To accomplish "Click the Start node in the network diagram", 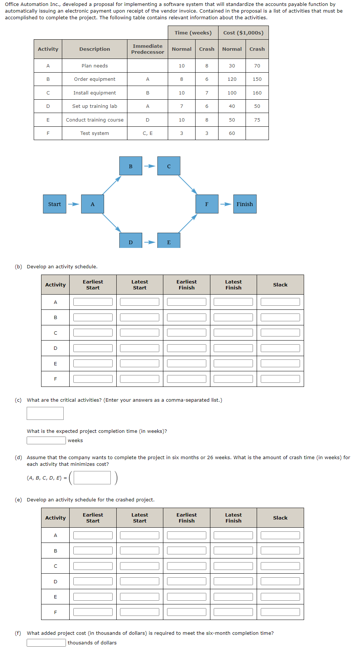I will pyautogui.click(x=54, y=204).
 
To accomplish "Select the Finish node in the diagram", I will pyautogui.click(x=244, y=204).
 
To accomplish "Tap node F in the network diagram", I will pyautogui.click(x=207, y=204).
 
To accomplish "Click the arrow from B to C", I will pyautogui.click(x=150, y=166).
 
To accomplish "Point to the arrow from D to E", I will pyautogui.click(x=150, y=242).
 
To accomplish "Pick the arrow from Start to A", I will pyautogui.click(x=73, y=204).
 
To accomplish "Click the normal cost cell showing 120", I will pyautogui.click(x=232, y=79).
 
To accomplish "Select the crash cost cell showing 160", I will pyautogui.click(x=257, y=93).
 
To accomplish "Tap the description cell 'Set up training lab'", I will pyautogui.click(x=94, y=106).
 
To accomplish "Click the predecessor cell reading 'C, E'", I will pyautogui.click(x=147, y=133).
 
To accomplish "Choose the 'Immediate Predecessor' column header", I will pyautogui.click(x=147, y=49).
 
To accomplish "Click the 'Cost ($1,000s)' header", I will pyautogui.click(x=243, y=33).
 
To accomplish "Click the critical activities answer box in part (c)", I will pyautogui.click(x=45, y=413).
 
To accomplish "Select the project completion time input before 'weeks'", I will pyautogui.click(x=46, y=440).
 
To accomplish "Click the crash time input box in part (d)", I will pyautogui.click(x=92, y=478).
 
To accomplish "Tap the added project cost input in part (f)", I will pyautogui.click(x=46, y=643).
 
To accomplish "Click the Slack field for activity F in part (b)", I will pyautogui.click(x=280, y=379).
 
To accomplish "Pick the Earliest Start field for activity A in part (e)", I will pyautogui.click(x=93, y=535).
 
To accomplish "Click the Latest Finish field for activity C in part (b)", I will pyautogui.click(x=233, y=333).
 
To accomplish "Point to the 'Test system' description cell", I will pyautogui.click(x=94, y=133).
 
